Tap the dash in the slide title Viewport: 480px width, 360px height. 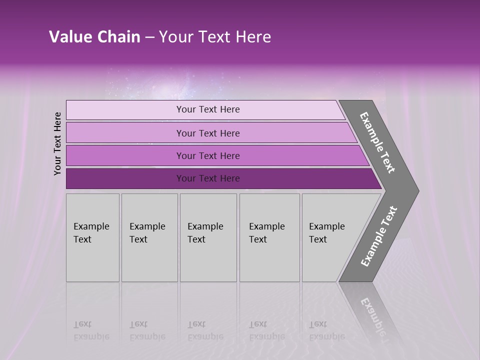(x=149, y=37)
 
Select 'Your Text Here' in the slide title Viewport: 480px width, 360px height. (x=215, y=37)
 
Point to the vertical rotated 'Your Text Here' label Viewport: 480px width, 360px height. (x=57, y=143)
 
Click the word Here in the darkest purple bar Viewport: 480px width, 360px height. (x=229, y=178)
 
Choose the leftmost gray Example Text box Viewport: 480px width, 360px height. (x=92, y=237)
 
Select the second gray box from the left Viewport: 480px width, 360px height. (x=149, y=237)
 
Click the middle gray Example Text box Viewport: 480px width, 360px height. (x=207, y=237)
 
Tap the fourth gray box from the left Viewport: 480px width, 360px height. (x=269, y=237)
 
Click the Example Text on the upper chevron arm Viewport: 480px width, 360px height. (x=378, y=142)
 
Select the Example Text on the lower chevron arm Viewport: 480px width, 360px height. (x=379, y=236)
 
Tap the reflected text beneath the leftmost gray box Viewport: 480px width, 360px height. (x=91, y=330)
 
